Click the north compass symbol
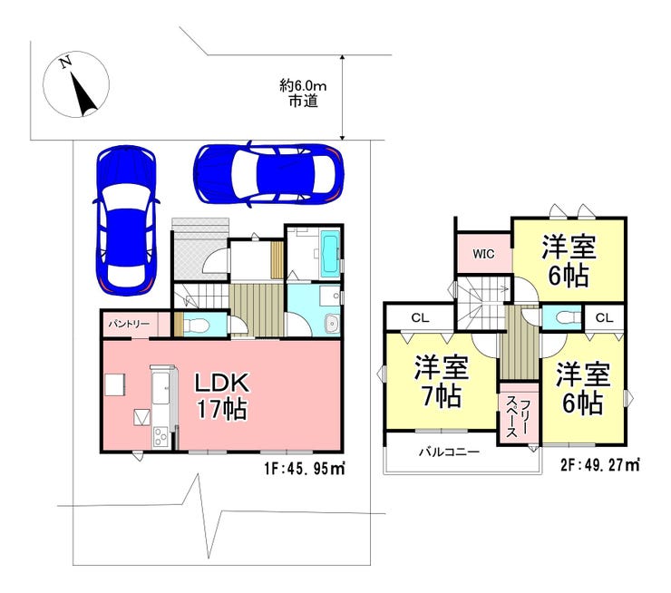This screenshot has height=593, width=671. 76,84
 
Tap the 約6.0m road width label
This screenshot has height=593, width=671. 303,86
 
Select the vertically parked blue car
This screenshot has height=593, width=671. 125,220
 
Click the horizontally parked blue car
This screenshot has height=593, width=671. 268,174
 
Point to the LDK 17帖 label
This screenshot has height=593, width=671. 221,395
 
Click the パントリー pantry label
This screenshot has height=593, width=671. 129,324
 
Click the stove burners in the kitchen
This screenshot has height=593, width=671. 160,437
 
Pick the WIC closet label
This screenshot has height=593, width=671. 483,254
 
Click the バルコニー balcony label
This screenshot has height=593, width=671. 449,452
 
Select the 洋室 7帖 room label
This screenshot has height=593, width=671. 442,381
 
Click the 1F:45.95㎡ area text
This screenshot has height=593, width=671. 305,469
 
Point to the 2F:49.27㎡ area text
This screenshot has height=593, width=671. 600,465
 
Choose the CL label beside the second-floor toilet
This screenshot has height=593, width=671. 604,318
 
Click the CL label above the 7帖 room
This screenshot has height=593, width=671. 420,318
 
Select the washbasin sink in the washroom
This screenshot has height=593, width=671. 332,323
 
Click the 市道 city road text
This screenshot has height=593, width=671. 303,102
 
